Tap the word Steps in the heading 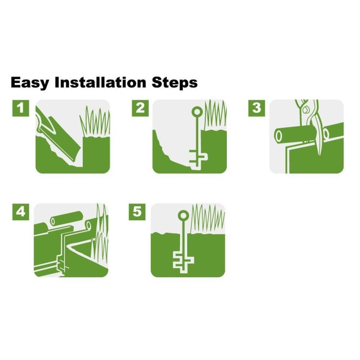pos(175,83)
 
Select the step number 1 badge pos(21,108)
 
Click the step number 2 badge pos(140,108)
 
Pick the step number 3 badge pos(257,108)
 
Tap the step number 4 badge pos(21,212)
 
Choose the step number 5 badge pos(137,212)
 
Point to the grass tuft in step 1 pos(95,121)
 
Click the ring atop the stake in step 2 pos(197,112)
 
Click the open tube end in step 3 pos(279,136)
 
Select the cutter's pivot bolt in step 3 pos(306,110)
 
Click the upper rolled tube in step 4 pos(66,218)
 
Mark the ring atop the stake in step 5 pos(184,216)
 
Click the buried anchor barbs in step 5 pos(184,262)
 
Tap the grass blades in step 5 pos(208,219)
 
